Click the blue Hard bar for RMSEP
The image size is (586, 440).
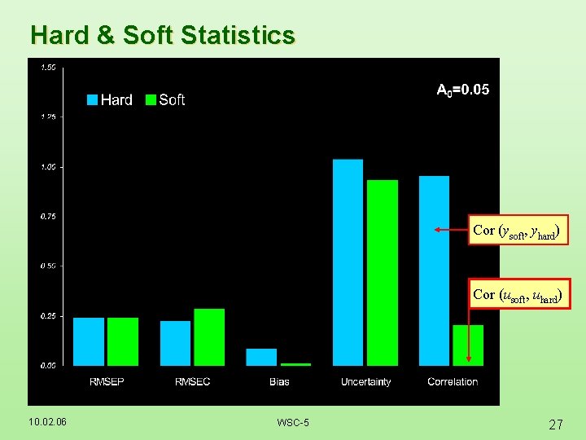(x=89, y=341)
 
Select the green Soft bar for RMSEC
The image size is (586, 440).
(x=209, y=337)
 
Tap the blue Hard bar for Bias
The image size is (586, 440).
(x=261, y=357)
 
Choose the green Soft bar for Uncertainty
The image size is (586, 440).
(x=383, y=273)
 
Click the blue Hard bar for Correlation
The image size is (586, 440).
(x=434, y=271)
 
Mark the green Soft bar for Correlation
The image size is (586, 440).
(x=468, y=345)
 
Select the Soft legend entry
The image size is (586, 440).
(x=165, y=99)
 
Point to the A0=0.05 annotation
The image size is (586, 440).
(x=463, y=90)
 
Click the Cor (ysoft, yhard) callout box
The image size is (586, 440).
(x=516, y=231)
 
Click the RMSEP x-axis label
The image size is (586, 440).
(x=106, y=381)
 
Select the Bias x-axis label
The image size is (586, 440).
(x=278, y=381)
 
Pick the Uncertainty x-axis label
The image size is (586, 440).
(x=365, y=381)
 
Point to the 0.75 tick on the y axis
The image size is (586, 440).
(x=48, y=217)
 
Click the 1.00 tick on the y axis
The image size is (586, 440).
(x=48, y=167)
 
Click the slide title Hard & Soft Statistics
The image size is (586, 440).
(x=162, y=35)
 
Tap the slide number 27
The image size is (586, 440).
(x=556, y=424)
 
